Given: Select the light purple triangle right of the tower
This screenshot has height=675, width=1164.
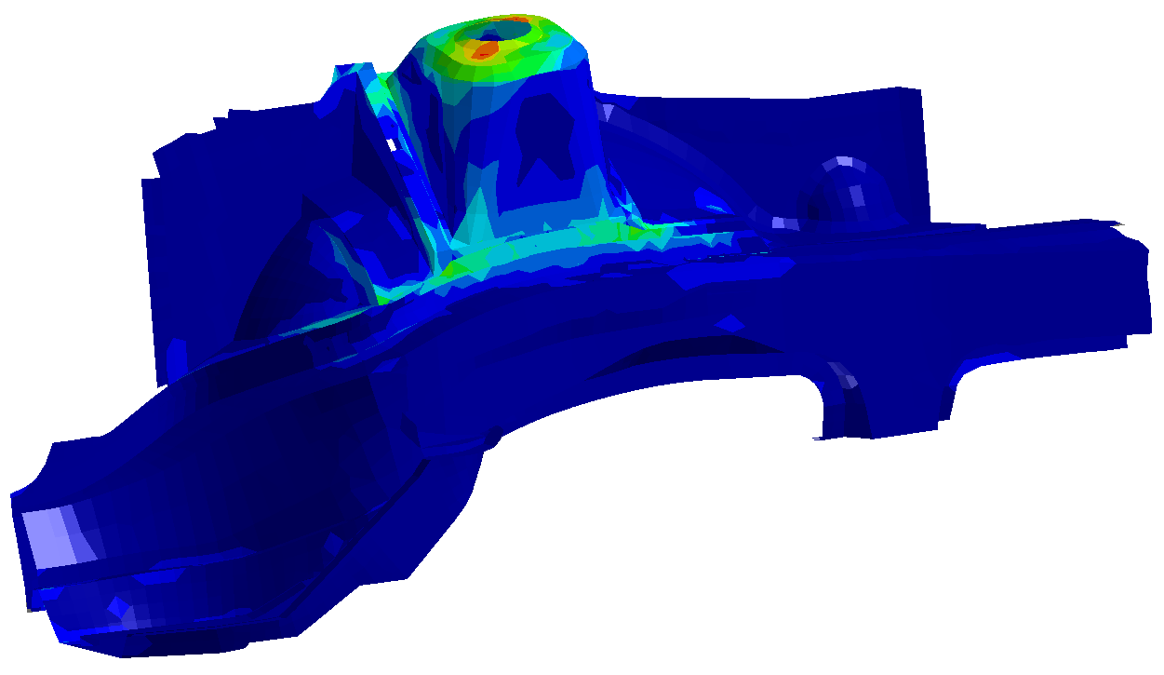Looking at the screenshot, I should click(x=609, y=115).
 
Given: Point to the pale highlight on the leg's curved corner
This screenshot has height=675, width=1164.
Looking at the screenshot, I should click(x=844, y=376).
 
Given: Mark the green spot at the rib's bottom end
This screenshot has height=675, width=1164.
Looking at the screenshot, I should click(x=381, y=298).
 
